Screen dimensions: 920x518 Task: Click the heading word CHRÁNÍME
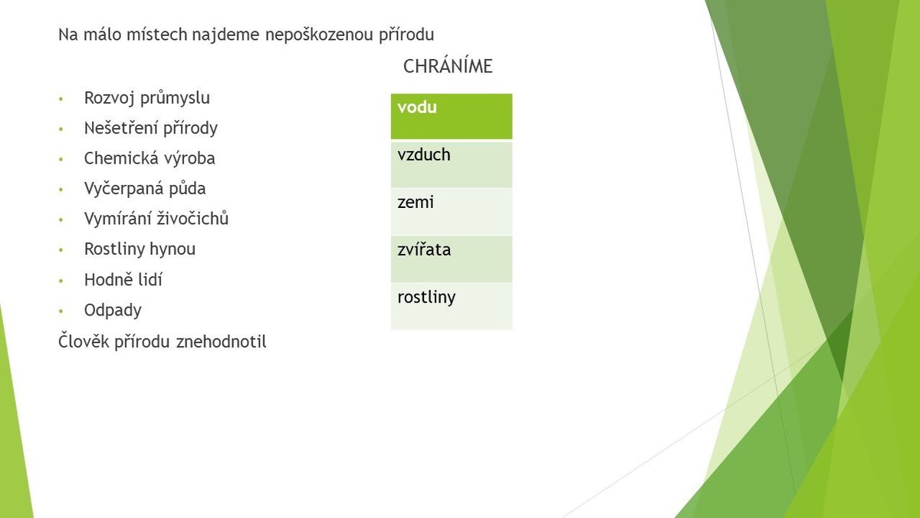(448, 66)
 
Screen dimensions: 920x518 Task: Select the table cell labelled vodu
(452, 117)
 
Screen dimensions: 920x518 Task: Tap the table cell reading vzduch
(452, 164)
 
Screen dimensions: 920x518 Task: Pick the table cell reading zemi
(452, 212)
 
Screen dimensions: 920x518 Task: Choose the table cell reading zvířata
(452, 259)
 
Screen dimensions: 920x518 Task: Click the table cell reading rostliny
(452, 306)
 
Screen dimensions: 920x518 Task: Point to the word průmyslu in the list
(176, 99)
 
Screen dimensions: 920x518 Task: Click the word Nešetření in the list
(121, 128)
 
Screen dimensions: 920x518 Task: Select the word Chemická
(118, 158)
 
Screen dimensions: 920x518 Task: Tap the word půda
(186, 189)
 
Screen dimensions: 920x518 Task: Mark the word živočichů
(192, 219)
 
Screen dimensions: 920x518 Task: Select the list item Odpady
(113, 311)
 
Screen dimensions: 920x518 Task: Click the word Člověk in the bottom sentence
(84, 341)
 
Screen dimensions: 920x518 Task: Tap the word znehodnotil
(222, 341)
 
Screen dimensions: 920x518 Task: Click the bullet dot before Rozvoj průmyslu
(61, 99)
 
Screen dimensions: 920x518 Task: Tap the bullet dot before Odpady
(61, 312)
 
